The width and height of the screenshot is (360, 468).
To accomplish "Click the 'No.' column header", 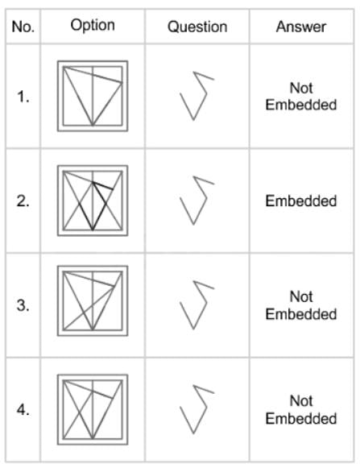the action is pyautogui.click(x=23, y=27).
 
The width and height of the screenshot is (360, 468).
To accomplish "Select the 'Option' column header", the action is pyautogui.click(x=93, y=25).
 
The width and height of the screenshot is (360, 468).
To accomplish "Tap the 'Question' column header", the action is pyautogui.click(x=197, y=27).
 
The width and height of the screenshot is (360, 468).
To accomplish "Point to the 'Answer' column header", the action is pyautogui.click(x=301, y=27).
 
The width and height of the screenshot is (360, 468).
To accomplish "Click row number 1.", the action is pyautogui.click(x=23, y=97).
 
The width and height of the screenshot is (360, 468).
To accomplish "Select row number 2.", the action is pyautogui.click(x=23, y=201).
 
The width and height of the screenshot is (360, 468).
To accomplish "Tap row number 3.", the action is pyautogui.click(x=23, y=305).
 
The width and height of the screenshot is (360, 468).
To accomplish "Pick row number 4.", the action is pyautogui.click(x=23, y=410).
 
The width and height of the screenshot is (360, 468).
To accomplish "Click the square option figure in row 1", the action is pyautogui.click(x=57, y=96).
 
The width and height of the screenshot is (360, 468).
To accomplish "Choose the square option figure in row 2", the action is pyautogui.click(x=57, y=201).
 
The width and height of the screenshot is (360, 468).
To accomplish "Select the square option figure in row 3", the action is pyautogui.click(x=57, y=301).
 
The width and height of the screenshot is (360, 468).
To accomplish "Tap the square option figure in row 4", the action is pyautogui.click(x=57, y=409).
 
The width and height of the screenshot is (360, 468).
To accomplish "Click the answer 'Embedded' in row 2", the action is pyautogui.click(x=301, y=201).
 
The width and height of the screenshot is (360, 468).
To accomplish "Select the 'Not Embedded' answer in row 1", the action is pyautogui.click(x=301, y=97).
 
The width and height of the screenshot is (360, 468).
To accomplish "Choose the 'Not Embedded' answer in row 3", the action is pyautogui.click(x=301, y=305).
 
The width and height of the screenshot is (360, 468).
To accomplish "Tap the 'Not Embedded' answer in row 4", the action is pyautogui.click(x=301, y=409).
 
